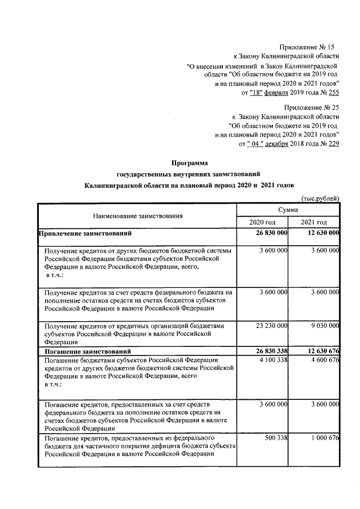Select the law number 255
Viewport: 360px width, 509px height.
pos(334,92)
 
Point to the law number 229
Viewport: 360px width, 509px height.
pos(334,145)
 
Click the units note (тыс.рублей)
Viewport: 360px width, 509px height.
pos(321,197)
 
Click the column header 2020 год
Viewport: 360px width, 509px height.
pos(263,222)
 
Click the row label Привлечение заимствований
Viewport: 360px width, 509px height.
pos(85,233)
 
